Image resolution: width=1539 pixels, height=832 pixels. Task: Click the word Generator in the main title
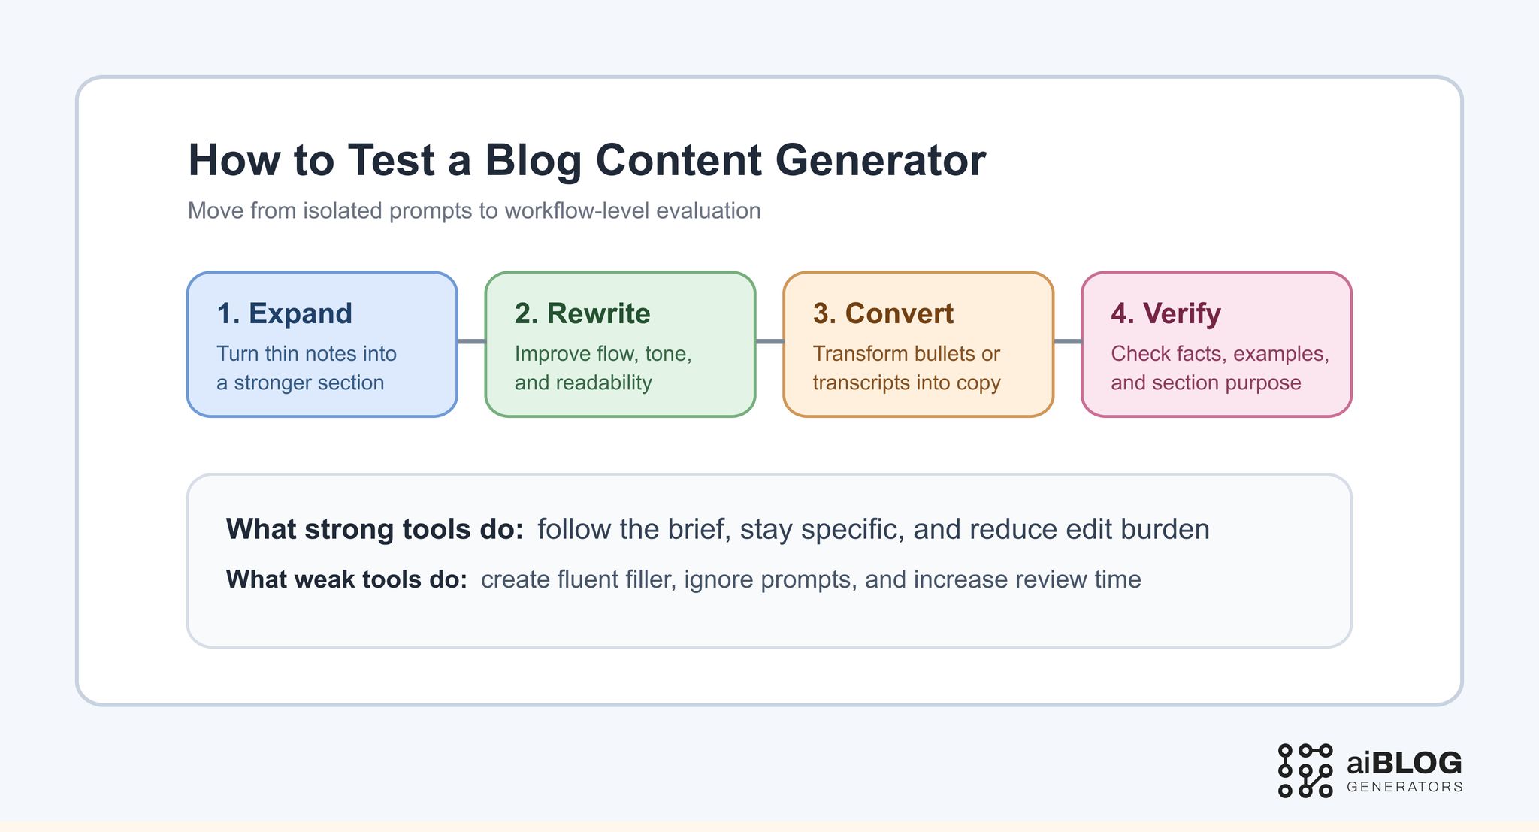[880, 160]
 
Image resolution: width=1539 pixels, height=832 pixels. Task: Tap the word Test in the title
[391, 160]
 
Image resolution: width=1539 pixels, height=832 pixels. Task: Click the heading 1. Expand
[284, 313]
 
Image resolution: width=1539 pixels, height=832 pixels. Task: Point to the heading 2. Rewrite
[582, 313]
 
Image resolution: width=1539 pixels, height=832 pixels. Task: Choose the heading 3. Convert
[883, 313]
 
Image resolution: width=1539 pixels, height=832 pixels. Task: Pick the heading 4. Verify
[1166, 313]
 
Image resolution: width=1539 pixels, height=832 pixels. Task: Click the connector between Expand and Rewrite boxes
[471, 341]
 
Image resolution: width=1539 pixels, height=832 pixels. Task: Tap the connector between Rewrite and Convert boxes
[769, 341]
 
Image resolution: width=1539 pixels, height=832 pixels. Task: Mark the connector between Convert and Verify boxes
[1068, 341]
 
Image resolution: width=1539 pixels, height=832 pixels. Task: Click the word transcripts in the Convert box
[858, 383]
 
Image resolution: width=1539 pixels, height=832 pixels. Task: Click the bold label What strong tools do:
[374, 529]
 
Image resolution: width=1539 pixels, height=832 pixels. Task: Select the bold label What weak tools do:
[346, 579]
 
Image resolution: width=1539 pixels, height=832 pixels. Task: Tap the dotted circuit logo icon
[1305, 770]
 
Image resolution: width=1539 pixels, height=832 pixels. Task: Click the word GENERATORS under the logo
[1404, 787]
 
